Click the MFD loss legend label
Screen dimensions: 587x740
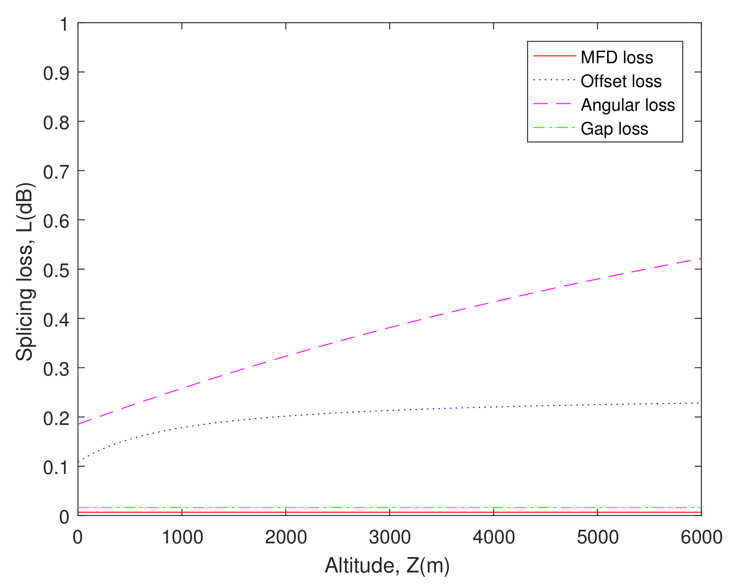tap(617, 57)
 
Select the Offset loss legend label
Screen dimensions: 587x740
tap(621, 81)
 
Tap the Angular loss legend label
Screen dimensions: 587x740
tap(628, 105)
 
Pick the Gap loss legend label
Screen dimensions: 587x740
tap(614, 129)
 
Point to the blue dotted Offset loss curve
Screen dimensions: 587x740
tap(390, 410)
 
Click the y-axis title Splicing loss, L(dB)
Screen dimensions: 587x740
tap(25, 272)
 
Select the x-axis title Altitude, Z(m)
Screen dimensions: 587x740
tap(387, 565)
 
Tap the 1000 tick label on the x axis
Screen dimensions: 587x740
tap(182, 537)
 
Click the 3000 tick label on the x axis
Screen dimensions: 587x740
tap(390, 537)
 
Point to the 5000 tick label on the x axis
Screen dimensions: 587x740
tap(598, 537)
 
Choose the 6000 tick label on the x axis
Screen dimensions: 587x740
tap(701, 537)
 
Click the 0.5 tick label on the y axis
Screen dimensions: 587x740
tap(56, 270)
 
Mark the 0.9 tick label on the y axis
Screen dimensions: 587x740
tap(56, 73)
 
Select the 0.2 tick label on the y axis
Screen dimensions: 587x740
tap(56, 418)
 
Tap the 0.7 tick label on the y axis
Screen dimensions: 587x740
tap(56, 172)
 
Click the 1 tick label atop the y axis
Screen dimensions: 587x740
tap(64, 24)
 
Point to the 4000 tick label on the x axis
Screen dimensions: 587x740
tap(494, 537)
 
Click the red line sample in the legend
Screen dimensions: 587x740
tap(554, 56)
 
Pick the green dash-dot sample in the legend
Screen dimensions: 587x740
tap(554, 128)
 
